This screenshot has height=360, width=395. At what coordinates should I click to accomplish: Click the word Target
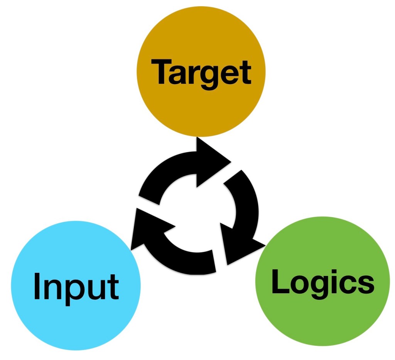click(201, 73)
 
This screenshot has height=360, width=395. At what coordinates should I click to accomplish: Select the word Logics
click(322, 282)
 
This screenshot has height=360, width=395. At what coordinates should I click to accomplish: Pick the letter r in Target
click(196, 75)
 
